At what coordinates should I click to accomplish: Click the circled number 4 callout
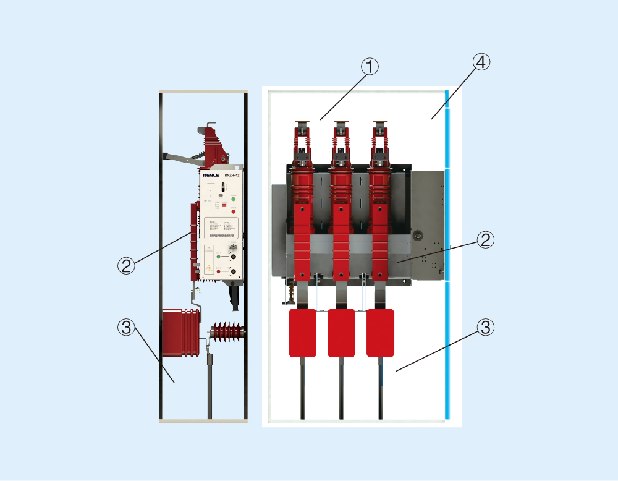(x=481, y=62)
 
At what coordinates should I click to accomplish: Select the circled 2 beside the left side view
(x=126, y=265)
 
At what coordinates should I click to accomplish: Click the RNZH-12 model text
(x=232, y=176)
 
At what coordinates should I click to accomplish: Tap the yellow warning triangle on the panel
(x=209, y=268)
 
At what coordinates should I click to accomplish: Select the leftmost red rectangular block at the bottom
(x=303, y=333)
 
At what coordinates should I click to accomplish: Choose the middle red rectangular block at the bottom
(x=341, y=333)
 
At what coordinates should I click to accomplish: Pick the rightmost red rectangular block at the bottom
(x=380, y=333)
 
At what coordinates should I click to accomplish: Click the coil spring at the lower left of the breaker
(x=287, y=294)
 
